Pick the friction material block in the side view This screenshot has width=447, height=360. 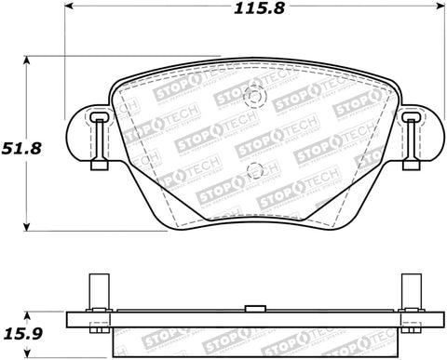[x=253, y=344]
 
